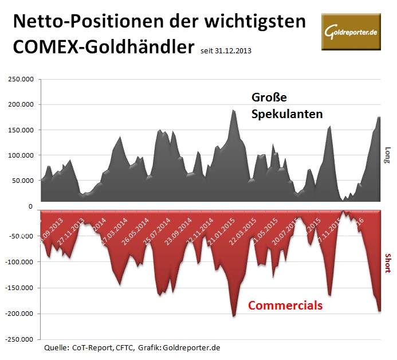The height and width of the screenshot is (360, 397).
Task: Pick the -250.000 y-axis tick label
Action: [21, 339]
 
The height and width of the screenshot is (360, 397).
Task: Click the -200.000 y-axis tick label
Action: [21, 314]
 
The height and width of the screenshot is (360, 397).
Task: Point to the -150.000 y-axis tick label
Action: [21, 288]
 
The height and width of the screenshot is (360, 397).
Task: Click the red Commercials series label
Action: [285, 306]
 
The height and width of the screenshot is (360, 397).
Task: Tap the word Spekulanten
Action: [287, 114]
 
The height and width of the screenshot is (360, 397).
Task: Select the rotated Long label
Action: [388, 155]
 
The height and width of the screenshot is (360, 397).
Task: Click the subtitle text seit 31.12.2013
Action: [226, 51]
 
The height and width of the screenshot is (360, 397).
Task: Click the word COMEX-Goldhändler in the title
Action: [103, 46]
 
